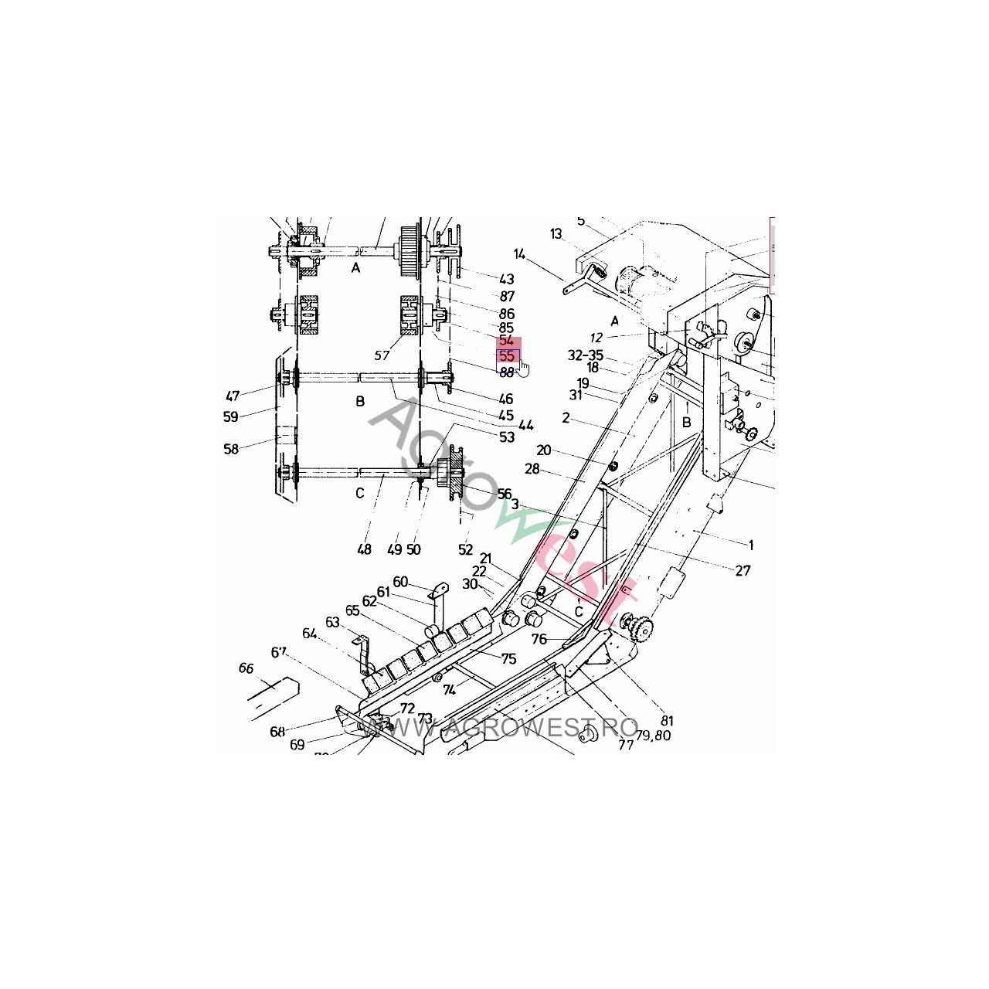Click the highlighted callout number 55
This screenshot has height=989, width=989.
[508, 356]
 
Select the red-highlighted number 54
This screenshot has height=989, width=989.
[507, 341]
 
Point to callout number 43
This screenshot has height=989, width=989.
[507, 279]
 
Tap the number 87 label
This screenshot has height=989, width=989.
[507, 296]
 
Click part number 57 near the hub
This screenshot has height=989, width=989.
[382, 355]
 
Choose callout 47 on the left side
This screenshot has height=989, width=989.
[233, 396]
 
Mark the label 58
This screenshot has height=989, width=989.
[231, 449]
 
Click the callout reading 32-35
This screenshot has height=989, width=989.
[586, 355]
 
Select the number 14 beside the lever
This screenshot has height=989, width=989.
[519, 253]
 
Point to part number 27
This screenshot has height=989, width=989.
[743, 571]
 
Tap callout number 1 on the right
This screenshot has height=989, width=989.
[750, 545]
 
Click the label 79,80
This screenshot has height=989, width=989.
[654, 736]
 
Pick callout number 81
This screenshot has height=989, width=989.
[667, 722]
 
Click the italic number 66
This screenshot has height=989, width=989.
[246, 668]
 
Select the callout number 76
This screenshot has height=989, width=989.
[539, 639]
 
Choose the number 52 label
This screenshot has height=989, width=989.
[465, 550]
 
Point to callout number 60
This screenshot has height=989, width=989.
[400, 582]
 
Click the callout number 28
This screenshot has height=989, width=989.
[532, 469]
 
